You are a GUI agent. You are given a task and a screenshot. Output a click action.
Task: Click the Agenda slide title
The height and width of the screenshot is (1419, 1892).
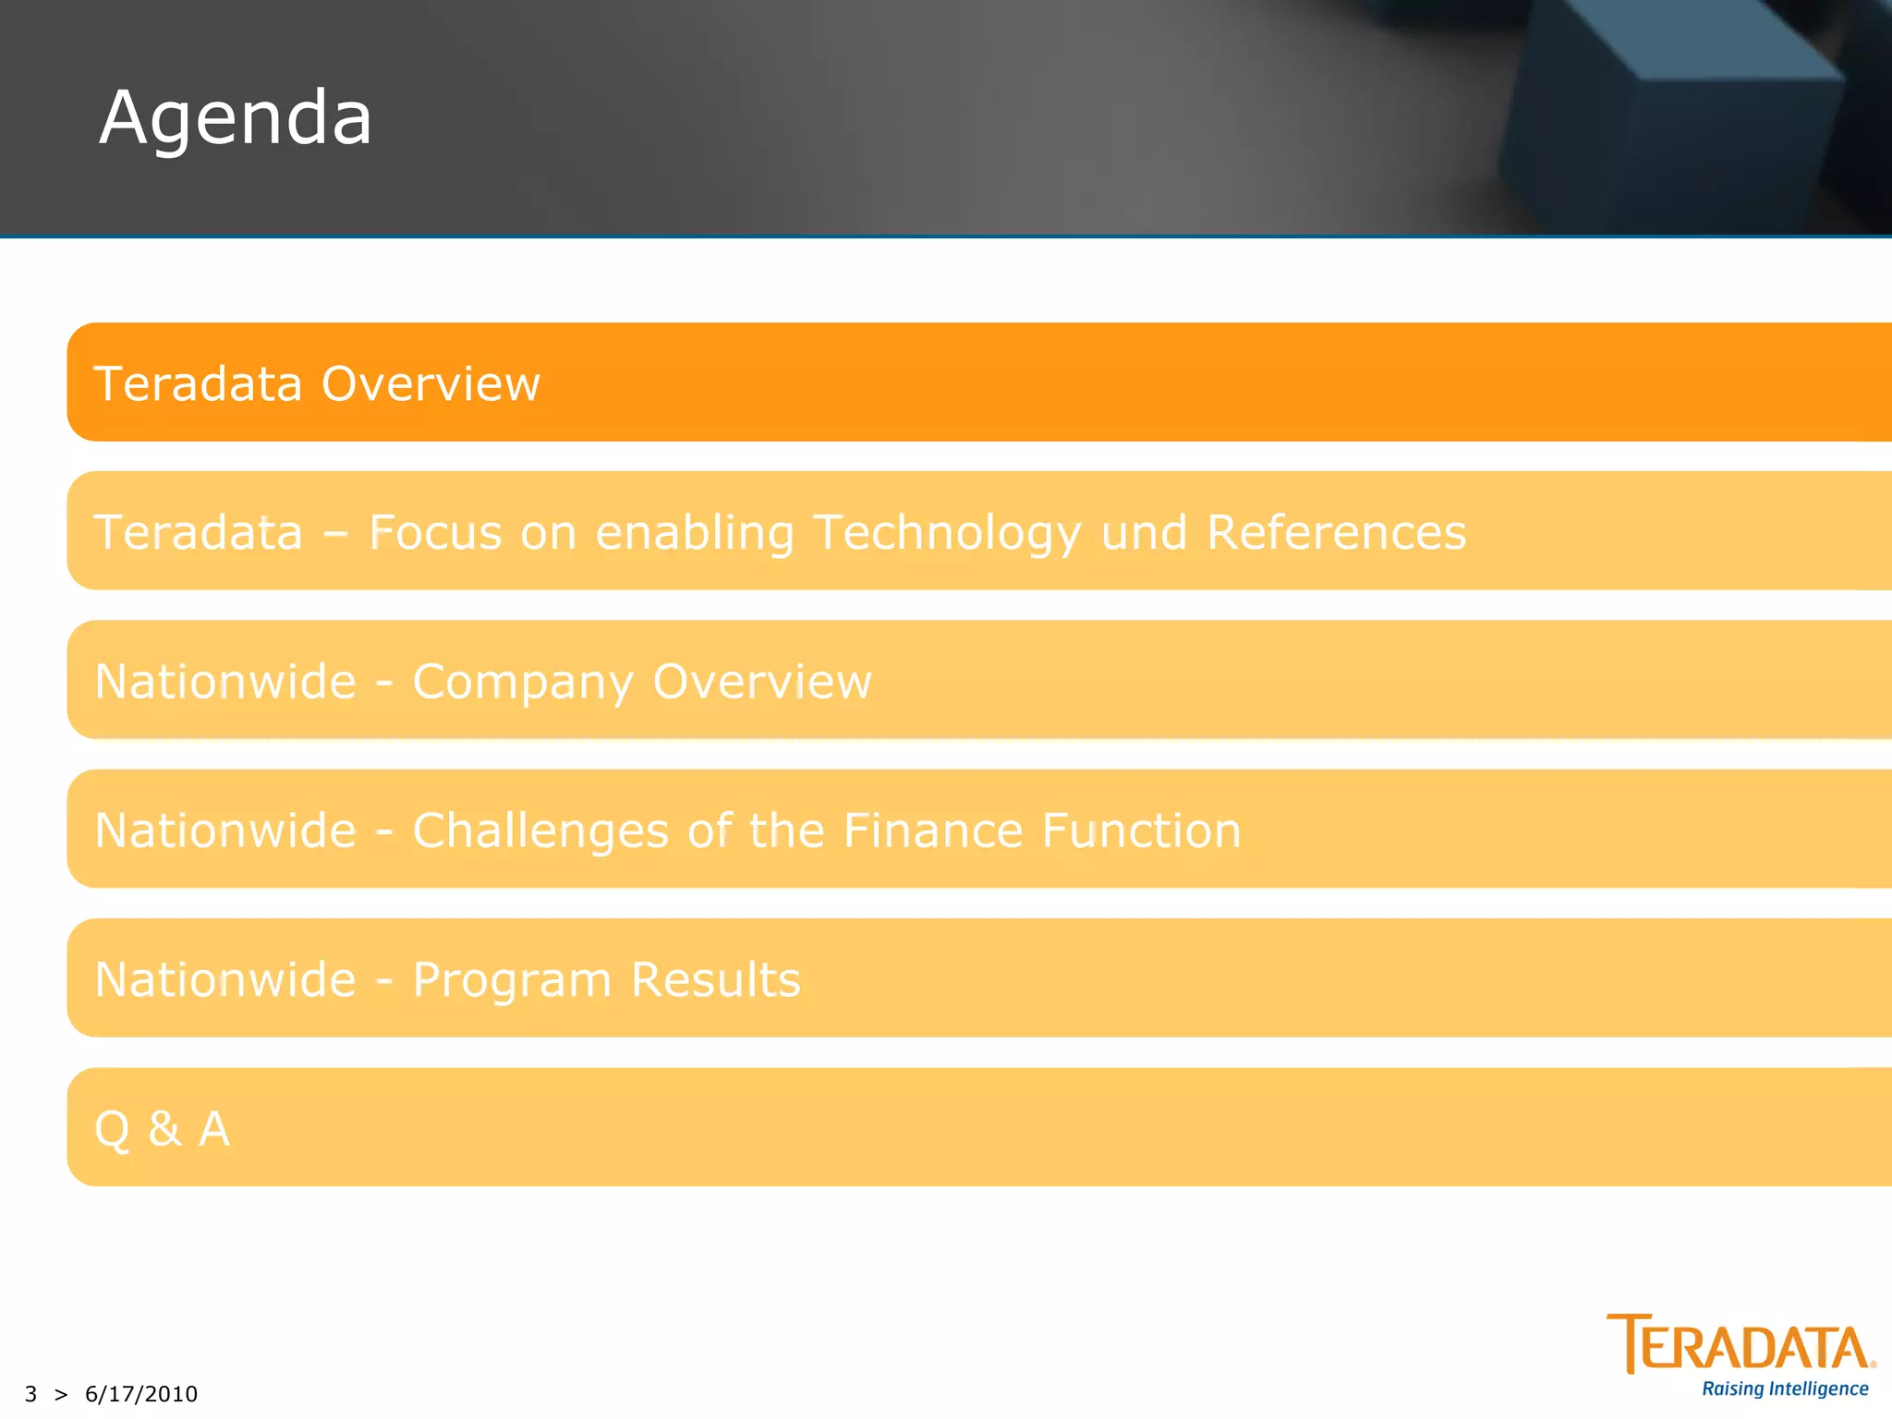tap(236, 118)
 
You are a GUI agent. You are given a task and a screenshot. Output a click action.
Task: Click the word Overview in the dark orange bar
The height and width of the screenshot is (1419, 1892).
tap(431, 383)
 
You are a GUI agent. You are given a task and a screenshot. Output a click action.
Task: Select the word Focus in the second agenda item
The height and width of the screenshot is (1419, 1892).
tap(435, 532)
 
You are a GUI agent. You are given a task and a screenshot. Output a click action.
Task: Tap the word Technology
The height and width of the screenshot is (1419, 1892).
tap(947, 534)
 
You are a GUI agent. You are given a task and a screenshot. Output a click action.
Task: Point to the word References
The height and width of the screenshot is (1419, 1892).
tap(1336, 532)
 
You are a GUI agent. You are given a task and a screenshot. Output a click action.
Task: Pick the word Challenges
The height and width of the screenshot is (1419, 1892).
tap(540, 831)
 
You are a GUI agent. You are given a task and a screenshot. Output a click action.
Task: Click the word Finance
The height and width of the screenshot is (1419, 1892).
tap(933, 830)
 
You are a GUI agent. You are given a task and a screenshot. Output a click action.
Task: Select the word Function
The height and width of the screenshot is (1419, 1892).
tap(1142, 830)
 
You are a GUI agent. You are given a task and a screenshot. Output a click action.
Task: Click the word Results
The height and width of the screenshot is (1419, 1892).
tap(716, 979)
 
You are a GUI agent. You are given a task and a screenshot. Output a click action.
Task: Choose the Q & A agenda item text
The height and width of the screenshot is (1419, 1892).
tap(163, 1129)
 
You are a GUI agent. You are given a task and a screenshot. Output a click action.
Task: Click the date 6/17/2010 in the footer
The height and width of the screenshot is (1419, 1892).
tap(141, 1393)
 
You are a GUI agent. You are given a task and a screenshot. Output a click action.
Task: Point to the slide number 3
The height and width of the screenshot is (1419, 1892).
tap(31, 1393)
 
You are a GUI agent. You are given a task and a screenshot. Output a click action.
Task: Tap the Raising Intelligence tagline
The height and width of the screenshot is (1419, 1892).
tap(1785, 1389)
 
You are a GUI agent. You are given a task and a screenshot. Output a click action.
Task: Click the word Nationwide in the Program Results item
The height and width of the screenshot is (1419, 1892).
tap(225, 979)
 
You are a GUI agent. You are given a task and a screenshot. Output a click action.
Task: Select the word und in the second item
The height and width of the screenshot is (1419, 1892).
tap(1144, 533)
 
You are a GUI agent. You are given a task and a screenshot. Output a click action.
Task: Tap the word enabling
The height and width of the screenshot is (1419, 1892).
tap(695, 534)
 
